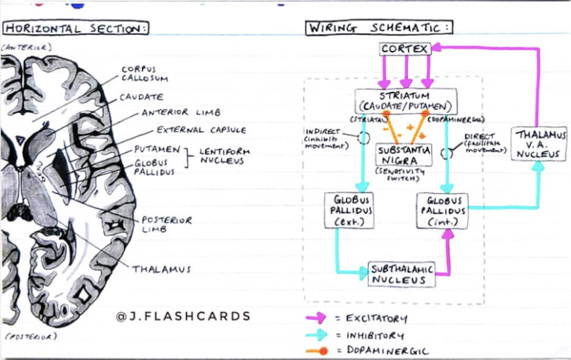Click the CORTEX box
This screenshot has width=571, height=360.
point(405,49)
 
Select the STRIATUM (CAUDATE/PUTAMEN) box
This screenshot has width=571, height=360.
point(406,101)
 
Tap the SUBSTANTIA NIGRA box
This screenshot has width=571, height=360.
point(404,155)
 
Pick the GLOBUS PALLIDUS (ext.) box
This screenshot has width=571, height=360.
point(349,210)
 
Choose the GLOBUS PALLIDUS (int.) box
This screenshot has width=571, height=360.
point(442,210)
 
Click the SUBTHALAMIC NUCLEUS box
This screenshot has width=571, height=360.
point(401,274)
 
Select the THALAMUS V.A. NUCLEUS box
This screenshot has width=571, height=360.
point(539,144)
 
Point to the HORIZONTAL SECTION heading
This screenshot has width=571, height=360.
point(76,28)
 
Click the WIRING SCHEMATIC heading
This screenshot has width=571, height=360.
point(380,27)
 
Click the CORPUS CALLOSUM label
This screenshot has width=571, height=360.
point(144,73)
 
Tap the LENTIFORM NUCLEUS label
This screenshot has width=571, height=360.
point(224,156)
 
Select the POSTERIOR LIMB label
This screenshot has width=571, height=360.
point(167,224)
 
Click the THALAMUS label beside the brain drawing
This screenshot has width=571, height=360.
point(161,269)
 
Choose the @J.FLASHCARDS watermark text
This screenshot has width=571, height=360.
point(183,316)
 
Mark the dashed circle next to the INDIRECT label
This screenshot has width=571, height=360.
point(363,138)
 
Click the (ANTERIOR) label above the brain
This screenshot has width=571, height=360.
point(26,48)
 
